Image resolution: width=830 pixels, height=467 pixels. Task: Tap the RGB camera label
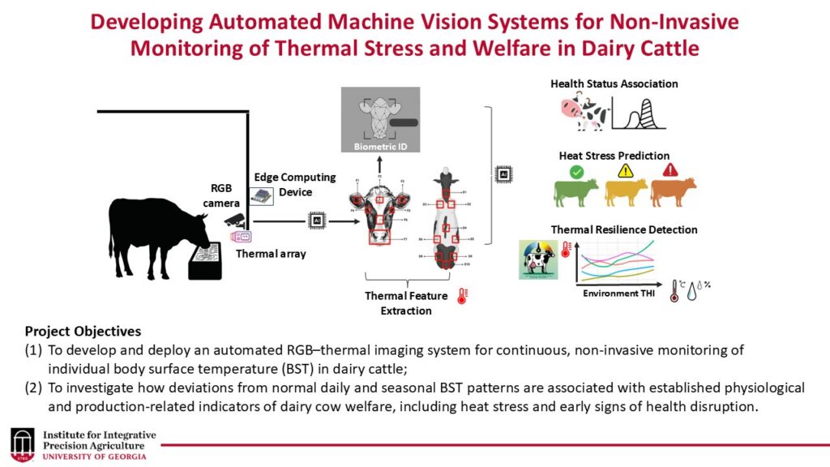coord(220,195)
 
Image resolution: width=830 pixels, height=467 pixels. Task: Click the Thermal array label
coord(271,254)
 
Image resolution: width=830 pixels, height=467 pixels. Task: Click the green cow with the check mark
coord(576,192)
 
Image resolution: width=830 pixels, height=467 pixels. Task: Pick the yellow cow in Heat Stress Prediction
coord(625,192)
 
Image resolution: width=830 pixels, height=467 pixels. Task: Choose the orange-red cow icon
coord(673,192)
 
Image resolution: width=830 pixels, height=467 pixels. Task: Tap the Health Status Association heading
coord(614,84)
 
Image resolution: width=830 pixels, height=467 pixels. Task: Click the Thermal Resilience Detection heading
coord(624,229)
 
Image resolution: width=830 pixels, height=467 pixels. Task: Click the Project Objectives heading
coord(83,332)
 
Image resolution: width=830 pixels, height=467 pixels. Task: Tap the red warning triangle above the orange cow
coord(670,170)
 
